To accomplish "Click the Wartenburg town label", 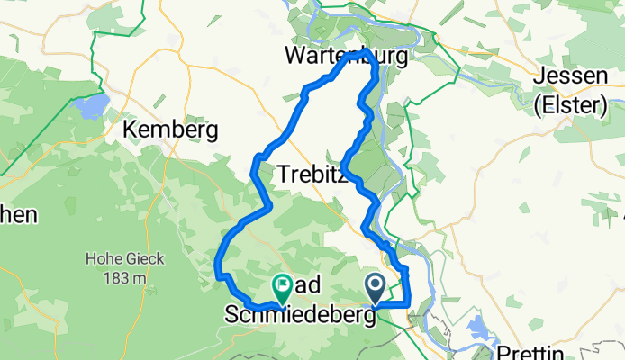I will [346, 56].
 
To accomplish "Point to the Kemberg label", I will [169, 130].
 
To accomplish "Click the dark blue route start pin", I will [375, 287].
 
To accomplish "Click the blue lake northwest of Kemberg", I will [90, 108].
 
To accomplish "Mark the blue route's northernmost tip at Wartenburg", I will [362, 53].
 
